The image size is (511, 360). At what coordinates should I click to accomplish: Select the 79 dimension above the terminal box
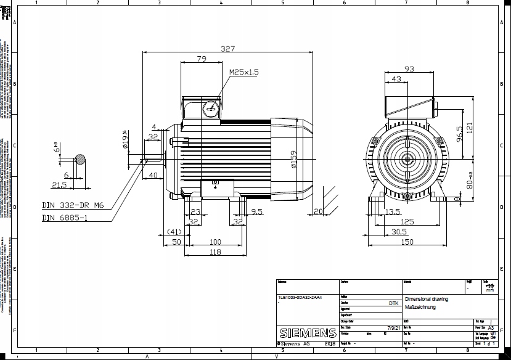(201, 59)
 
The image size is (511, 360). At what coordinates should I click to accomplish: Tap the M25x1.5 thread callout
(244, 72)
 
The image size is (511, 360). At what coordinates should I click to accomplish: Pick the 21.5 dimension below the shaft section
(59, 185)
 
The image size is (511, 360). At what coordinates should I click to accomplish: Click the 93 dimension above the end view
(408, 68)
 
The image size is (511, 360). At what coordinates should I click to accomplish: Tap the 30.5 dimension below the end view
(399, 231)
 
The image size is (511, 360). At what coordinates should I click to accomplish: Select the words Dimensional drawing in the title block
(427, 299)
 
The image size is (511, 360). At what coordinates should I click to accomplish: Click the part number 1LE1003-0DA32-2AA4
(300, 297)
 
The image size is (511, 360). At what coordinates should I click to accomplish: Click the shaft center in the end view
(408, 159)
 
